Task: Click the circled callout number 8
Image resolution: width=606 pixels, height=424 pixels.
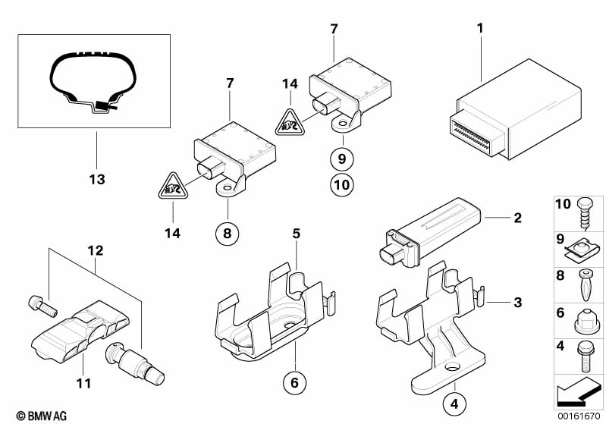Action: coord(226,233)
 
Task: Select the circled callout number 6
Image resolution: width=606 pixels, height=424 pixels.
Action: coord(294,382)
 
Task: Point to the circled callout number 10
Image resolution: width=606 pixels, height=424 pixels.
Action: coord(342,184)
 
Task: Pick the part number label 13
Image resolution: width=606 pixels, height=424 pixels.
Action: coord(96,180)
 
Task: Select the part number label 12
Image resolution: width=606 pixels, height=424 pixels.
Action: coord(94,250)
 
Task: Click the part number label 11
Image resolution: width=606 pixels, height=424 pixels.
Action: coord(83,384)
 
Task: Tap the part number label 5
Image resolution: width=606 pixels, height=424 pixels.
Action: coord(296,234)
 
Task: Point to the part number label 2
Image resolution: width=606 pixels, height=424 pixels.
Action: coord(517,218)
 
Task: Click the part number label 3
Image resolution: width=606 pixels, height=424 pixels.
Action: coord(517,303)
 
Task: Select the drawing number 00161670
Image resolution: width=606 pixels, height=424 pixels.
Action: coord(579,416)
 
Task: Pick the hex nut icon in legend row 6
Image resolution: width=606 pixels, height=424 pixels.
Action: coord(585,321)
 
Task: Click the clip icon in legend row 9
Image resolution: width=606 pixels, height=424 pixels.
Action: coord(585,244)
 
